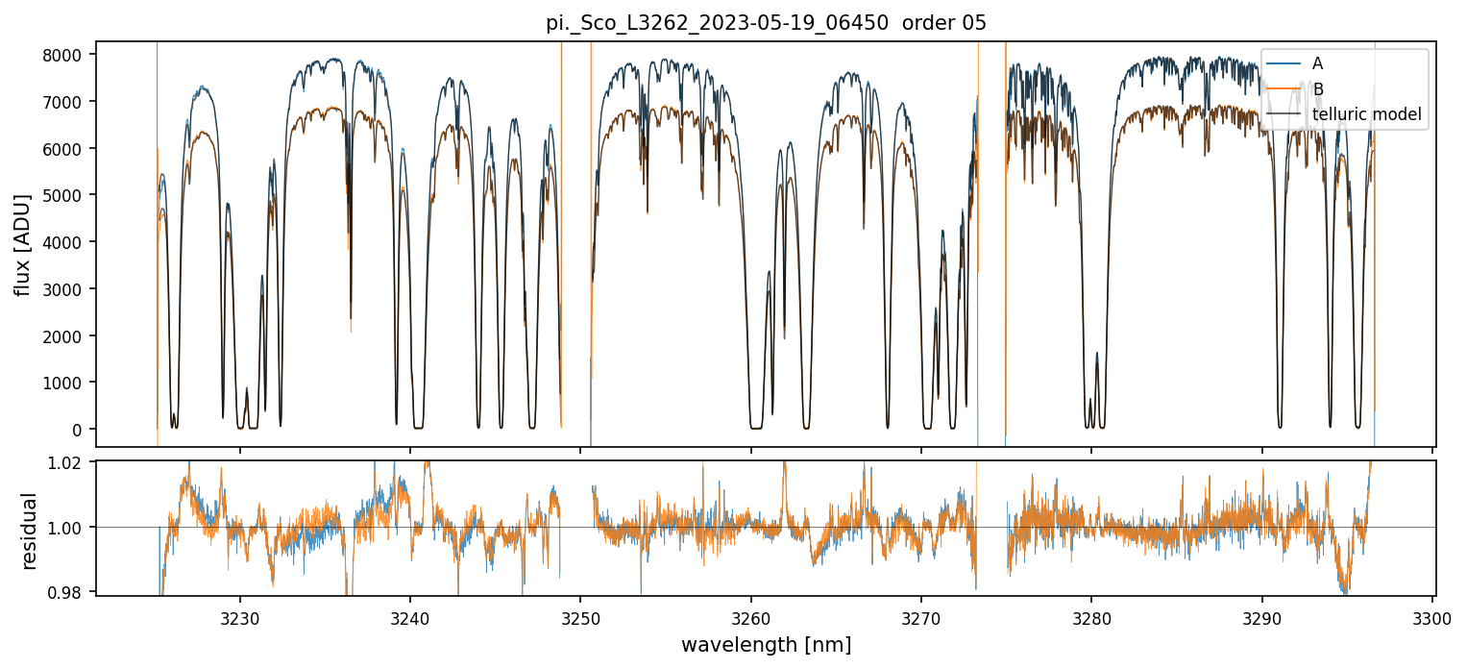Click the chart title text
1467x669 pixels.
(766, 23)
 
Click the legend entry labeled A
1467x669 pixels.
(1317, 63)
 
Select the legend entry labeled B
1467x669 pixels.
(1318, 89)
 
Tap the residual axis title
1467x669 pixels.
(29, 530)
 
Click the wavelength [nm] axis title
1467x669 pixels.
(766, 644)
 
